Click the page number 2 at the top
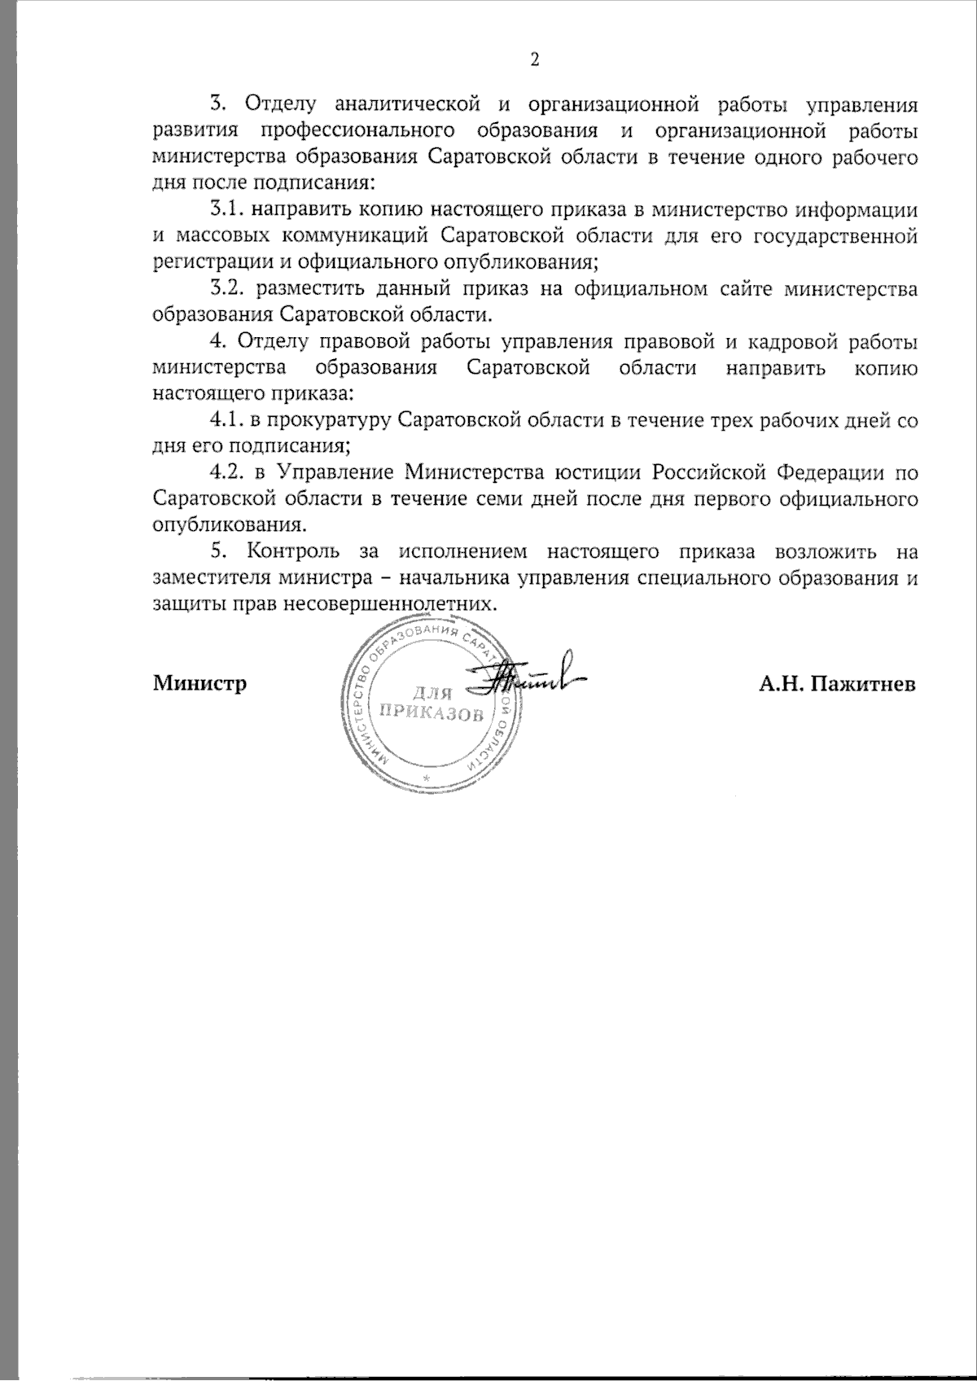tap(535, 59)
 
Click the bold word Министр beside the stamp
tap(200, 682)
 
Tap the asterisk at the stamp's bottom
tap(426, 779)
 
